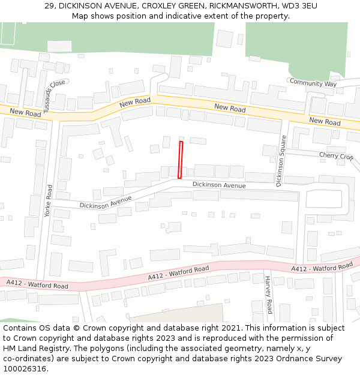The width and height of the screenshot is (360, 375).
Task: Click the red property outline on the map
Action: [x=180, y=160]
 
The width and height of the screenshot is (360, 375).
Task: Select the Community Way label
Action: [x=313, y=83]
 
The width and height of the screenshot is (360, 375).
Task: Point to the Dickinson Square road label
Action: [x=281, y=161]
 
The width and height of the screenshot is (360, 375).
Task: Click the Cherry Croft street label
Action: [x=336, y=156]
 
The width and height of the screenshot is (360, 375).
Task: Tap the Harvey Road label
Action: [x=268, y=294]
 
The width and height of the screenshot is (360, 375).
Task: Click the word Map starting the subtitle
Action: [x=81, y=16]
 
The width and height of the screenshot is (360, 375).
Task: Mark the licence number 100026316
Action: [x=25, y=368]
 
